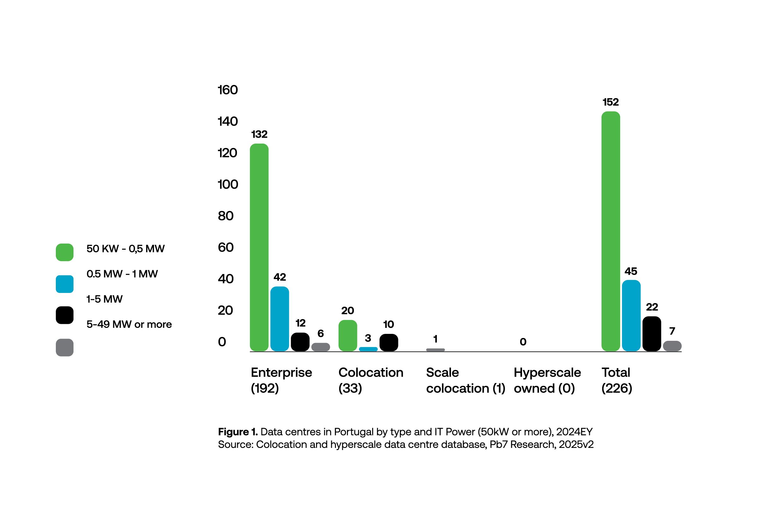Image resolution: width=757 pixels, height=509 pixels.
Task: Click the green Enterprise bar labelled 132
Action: point(259,247)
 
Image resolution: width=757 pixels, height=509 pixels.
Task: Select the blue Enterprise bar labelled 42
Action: point(279,318)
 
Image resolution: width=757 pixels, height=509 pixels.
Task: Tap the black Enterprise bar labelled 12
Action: point(300,342)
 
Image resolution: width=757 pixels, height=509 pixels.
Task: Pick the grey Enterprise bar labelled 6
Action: point(320,347)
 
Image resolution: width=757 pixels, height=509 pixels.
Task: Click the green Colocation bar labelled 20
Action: point(348,335)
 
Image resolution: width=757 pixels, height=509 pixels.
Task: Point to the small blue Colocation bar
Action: point(368,349)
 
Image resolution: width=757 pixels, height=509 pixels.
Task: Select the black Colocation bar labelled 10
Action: point(388,342)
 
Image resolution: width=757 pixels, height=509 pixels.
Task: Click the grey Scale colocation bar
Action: point(435,350)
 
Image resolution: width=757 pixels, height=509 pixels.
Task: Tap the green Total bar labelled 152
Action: point(610,231)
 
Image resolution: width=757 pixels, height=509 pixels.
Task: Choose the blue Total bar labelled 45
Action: point(631,315)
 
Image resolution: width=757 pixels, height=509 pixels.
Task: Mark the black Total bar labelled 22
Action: point(651,333)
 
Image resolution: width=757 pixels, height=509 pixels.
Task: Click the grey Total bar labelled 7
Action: point(672,346)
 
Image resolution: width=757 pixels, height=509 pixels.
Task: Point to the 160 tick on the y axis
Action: point(227,90)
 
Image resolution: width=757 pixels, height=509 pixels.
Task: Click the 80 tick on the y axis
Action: point(226,216)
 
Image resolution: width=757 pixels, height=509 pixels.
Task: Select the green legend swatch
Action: point(64,252)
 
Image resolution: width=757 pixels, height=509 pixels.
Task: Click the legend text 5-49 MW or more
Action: point(129,324)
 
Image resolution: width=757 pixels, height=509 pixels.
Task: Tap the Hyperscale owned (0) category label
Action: point(547,380)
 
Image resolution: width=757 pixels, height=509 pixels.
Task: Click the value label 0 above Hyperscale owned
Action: point(523,341)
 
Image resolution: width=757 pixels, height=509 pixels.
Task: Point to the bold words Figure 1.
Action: point(238,432)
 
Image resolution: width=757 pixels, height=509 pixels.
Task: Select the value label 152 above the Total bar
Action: point(610,102)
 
